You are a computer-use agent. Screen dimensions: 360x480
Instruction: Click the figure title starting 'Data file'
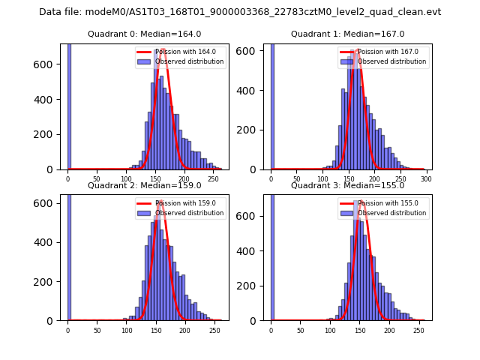coord(240,12)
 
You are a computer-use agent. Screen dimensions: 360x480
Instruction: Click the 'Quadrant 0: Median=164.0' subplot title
coord(144,34)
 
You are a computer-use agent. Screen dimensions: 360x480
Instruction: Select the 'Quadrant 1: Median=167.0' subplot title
coord(347,34)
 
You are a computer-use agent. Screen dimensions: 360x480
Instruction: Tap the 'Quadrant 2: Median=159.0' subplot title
coord(144,185)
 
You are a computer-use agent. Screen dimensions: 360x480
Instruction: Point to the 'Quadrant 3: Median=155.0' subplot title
coord(347,185)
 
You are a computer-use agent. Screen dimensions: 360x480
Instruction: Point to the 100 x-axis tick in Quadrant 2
coord(126,331)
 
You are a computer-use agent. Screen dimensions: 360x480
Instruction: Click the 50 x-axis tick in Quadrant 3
coord(300,331)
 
